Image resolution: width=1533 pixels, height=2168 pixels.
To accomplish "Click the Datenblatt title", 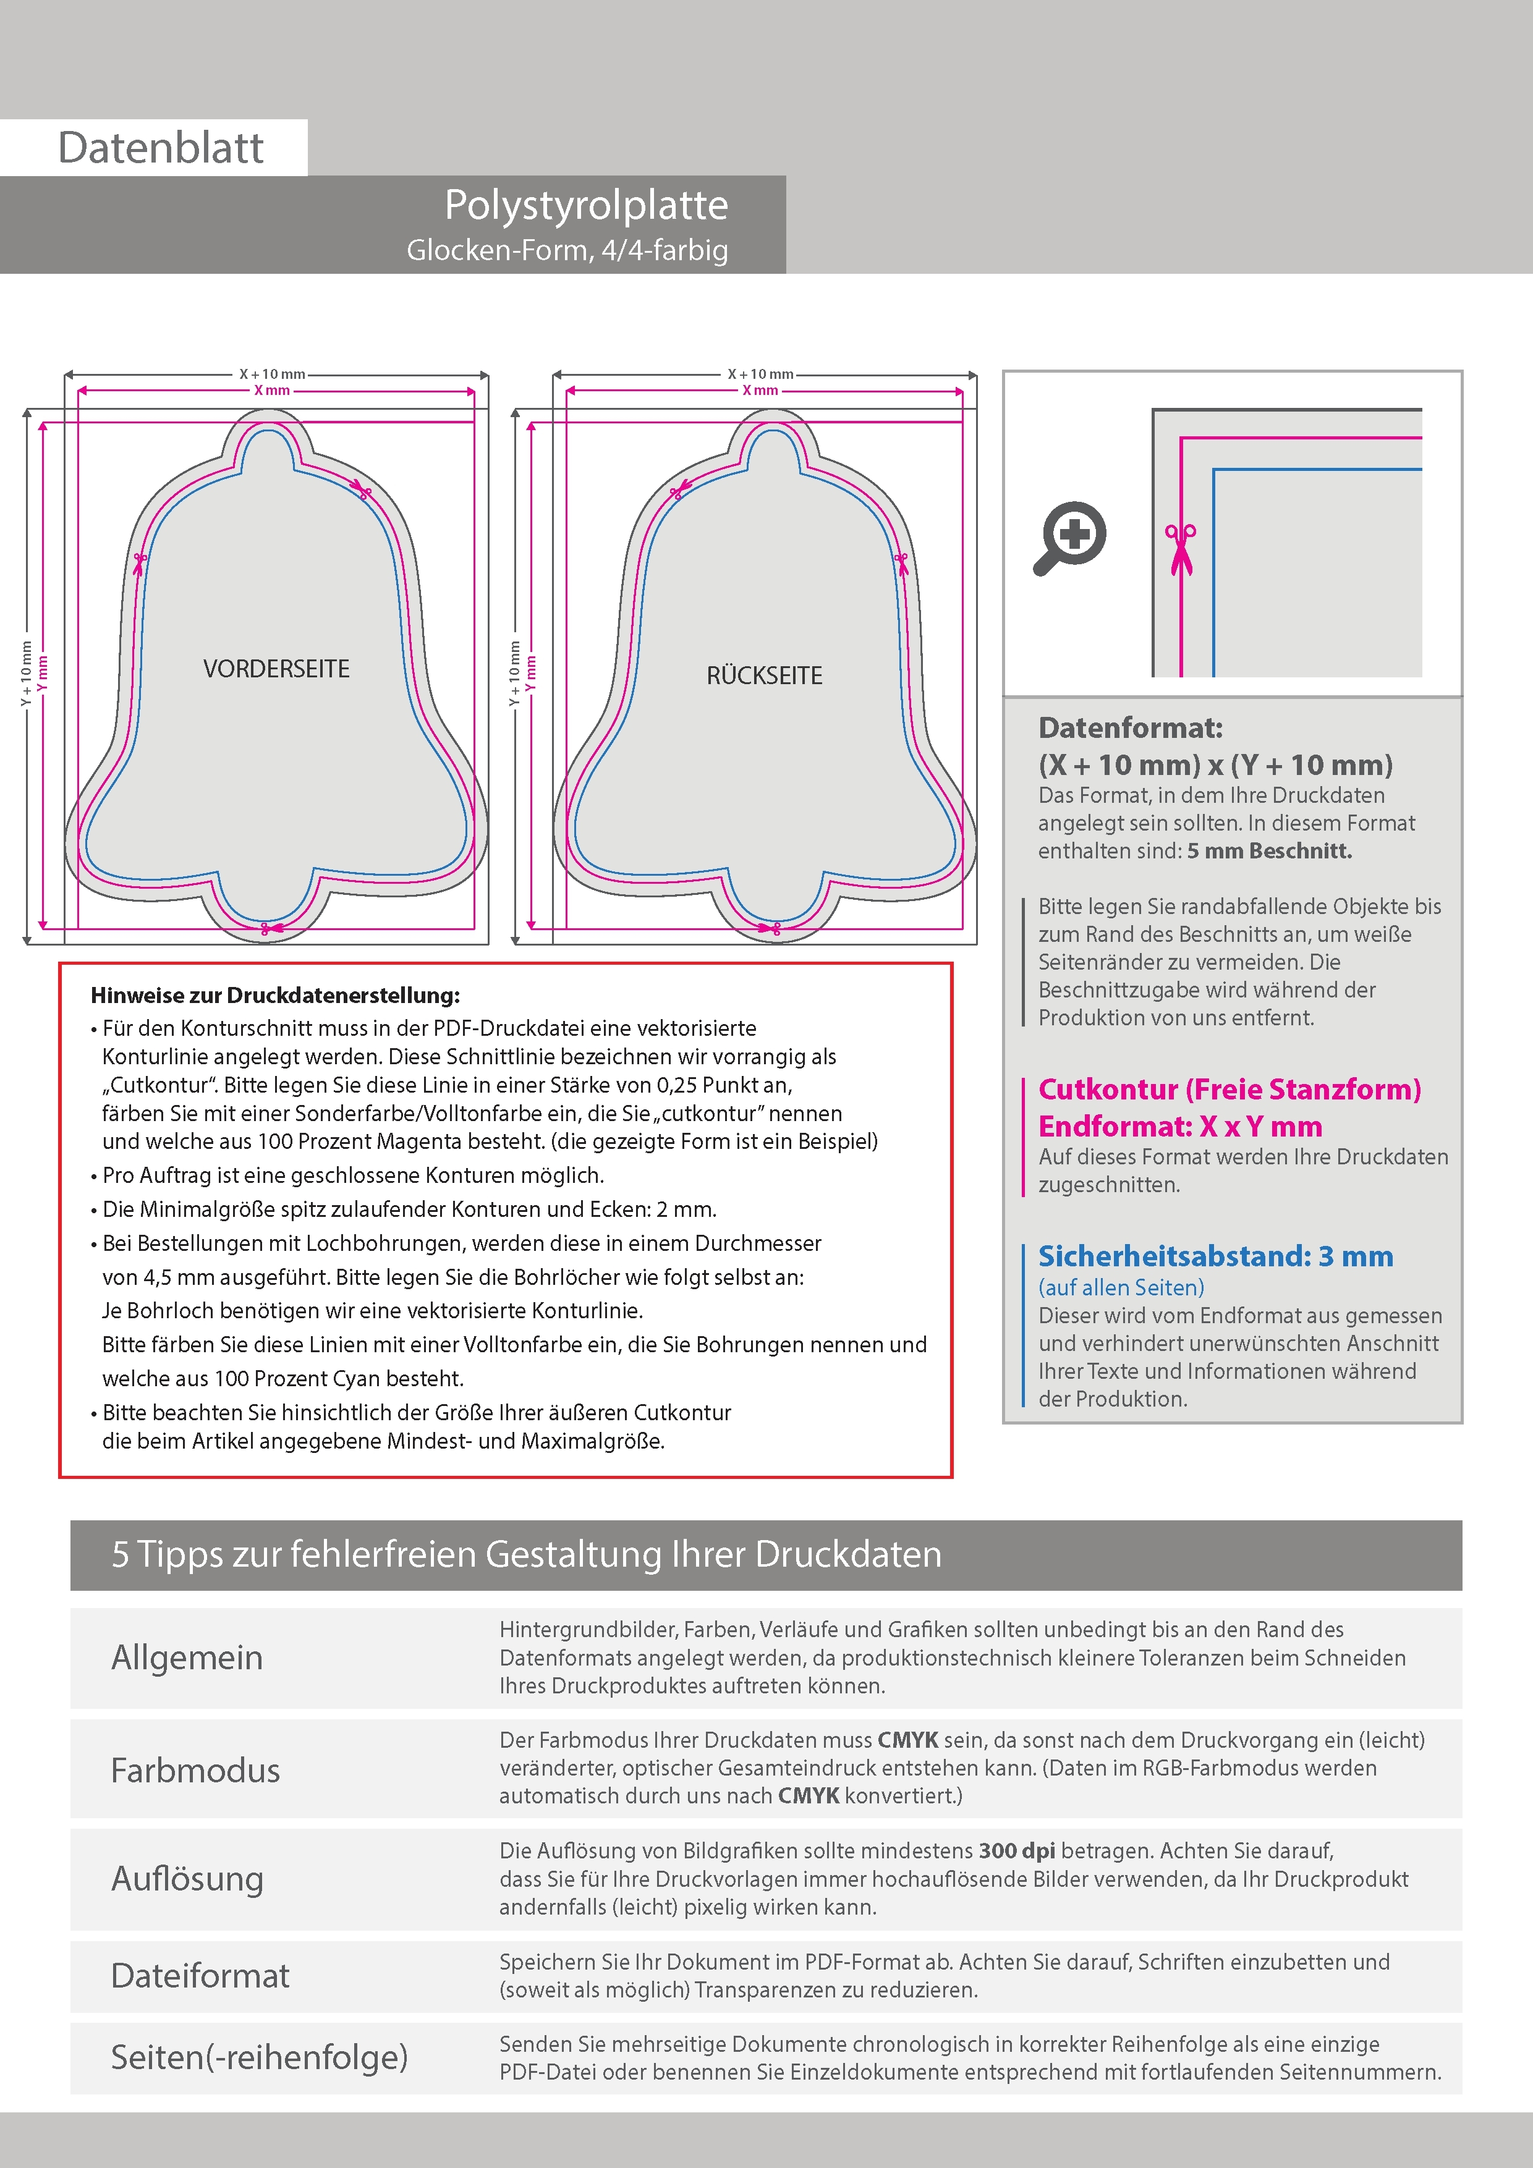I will pos(161,147).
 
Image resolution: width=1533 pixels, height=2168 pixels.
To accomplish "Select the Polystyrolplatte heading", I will pos(585,205).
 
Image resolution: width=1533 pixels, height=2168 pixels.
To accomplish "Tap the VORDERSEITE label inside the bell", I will pos(276,669).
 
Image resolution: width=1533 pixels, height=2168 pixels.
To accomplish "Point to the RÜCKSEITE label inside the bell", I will pos(764,675).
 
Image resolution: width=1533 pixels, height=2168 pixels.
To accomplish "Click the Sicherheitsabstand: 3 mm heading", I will pos(1215,1255).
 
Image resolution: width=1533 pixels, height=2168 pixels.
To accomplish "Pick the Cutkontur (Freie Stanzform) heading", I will pos(1229,1089).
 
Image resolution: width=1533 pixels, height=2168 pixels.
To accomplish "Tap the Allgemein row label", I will pos(187,1657).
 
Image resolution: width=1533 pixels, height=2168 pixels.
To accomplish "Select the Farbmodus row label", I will pos(195,1769).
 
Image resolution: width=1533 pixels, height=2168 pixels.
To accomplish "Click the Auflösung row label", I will pos(187,1878).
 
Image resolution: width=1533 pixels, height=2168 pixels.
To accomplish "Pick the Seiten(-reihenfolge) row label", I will pos(259,2057).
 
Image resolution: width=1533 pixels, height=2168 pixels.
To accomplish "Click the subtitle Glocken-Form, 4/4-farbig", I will pos(567,250).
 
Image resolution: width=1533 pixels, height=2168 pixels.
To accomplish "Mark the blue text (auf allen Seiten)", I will pos(1121,1287).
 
